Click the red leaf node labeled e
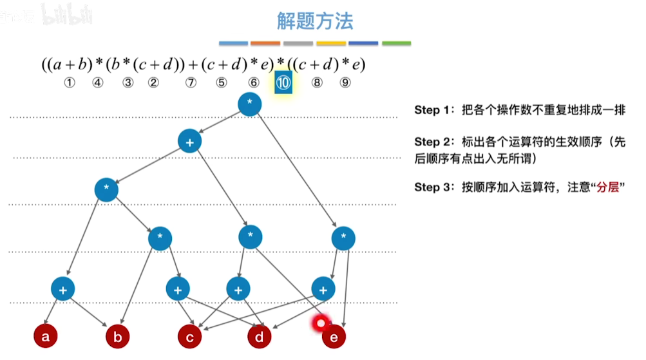(x=334, y=336)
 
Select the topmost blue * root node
(x=249, y=104)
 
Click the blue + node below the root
(x=190, y=141)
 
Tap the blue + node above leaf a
(x=63, y=289)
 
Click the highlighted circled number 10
(x=283, y=82)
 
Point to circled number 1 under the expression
(x=70, y=82)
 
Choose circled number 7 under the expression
(x=191, y=82)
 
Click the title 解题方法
(x=315, y=22)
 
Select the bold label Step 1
(x=435, y=110)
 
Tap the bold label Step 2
(x=435, y=141)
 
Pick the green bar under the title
(x=396, y=44)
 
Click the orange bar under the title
(x=265, y=44)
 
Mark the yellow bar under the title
(x=331, y=44)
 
